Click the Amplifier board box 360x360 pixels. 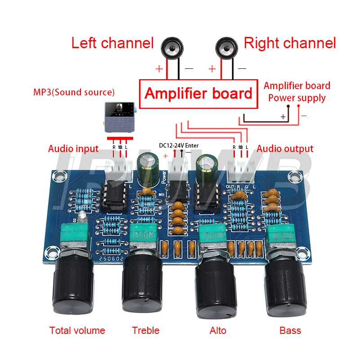tap(198, 94)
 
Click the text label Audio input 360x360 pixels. tap(73, 149)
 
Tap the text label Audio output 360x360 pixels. tap(285, 149)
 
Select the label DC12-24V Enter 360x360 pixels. tap(179, 145)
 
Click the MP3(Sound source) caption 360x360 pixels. tap(74, 92)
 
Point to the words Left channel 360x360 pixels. tap(112, 43)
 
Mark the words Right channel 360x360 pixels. tap(290, 43)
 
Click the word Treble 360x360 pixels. tap(146, 331)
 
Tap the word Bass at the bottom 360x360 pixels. tap(290, 331)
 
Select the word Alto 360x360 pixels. tap(218, 331)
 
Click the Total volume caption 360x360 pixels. tap(77, 331)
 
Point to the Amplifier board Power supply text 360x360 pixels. tap(297, 91)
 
